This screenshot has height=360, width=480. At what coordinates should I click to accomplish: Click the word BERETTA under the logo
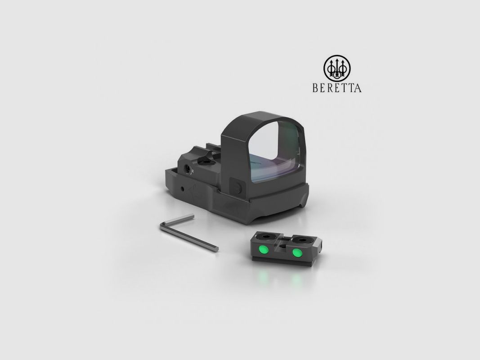[x=337, y=88]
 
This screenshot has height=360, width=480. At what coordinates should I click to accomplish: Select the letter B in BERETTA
[x=315, y=88]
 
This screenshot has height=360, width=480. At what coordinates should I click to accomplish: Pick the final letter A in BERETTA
[x=358, y=88]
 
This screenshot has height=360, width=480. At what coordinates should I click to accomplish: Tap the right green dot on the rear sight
[x=297, y=253]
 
